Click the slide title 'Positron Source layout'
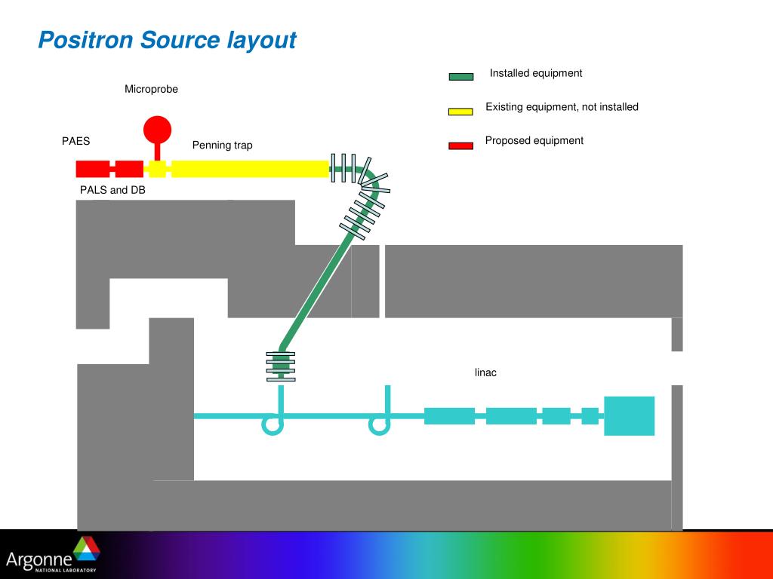(x=167, y=40)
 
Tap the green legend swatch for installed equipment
(x=460, y=76)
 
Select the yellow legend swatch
(x=460, y=112)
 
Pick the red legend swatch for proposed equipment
(x=460, y=146)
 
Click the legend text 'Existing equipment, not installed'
(x=562, y=107)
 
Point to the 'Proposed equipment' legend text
(x=534, y=141)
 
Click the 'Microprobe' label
(x=151, y=90)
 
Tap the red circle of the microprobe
(x=157, y=129)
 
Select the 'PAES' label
(x=75, y=141)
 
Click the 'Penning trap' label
(x=222, y=145)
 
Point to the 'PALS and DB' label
(x=112, y=190)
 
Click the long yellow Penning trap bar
(x=249, y=169)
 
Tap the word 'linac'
(x=485, y=372)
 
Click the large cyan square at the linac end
(x=629, y=415)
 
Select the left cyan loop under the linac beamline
(x=273, y=426)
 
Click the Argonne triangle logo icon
(x=87, y=548)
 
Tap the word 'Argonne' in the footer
(x=38, y=559)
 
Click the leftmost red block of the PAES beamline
(x=93, y=169)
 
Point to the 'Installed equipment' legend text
(x=536, y=73)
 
